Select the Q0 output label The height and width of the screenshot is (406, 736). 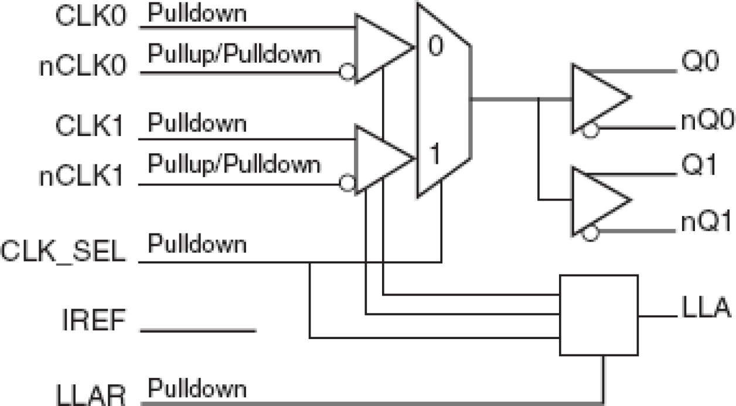(700, 63)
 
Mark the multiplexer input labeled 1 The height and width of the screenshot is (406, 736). (434, 155)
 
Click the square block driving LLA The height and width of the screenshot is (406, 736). (598, 314)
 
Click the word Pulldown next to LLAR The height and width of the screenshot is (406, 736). (197, 388)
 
